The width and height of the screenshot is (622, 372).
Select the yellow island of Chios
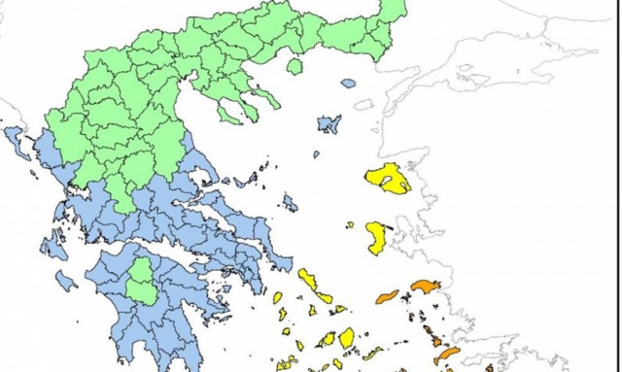[377, 236]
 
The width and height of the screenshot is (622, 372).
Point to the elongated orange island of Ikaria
[388, 296]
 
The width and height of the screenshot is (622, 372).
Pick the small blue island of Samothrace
[348, 84]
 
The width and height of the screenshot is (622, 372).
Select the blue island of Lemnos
[329, 123]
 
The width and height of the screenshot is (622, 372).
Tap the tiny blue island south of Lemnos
[316, 153]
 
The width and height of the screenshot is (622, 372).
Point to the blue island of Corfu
[17, 144]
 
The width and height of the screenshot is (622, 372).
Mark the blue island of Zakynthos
[66, 281]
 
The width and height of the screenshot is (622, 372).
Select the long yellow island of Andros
[313, 286]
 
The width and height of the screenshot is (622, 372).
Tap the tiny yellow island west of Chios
[350, 224]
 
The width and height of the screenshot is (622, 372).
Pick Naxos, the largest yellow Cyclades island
[347, 337]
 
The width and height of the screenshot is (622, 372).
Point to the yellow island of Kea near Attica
[278, 297]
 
